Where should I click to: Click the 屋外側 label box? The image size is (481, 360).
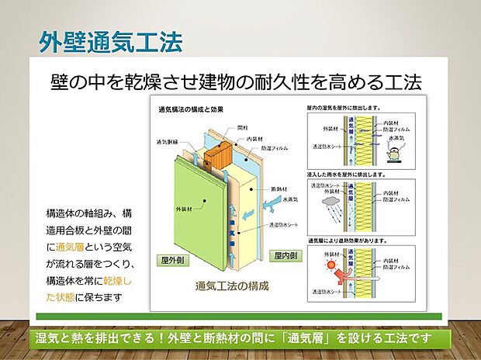176,259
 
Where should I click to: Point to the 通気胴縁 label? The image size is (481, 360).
168,142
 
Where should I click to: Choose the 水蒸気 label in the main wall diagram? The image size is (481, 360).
291,199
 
